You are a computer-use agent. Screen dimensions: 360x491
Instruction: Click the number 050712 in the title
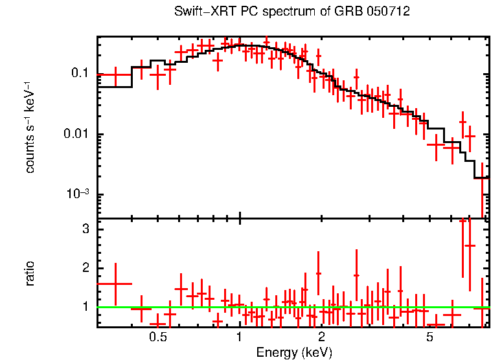387,12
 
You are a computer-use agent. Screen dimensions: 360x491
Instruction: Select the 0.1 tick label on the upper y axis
79,74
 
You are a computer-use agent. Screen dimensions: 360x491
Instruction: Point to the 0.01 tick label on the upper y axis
76,135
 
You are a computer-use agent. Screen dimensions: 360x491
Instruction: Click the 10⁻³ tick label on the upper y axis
77,194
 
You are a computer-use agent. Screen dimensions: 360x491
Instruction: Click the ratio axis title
30,273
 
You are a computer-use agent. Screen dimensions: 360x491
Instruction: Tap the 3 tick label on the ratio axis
85,230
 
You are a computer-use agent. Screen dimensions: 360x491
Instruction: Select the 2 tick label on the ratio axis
85,268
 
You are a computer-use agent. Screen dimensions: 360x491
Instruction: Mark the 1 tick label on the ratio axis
85,306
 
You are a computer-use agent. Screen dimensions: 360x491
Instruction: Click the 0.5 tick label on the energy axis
157,338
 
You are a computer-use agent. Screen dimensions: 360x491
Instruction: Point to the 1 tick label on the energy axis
240,338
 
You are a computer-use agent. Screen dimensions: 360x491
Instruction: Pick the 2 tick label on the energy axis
321,338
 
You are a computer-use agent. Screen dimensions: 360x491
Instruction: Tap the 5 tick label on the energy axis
429,338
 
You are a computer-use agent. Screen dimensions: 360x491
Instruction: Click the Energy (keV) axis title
293,352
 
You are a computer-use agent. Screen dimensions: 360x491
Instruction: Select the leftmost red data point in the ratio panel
115,284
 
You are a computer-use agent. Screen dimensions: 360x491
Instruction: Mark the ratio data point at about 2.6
470,245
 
